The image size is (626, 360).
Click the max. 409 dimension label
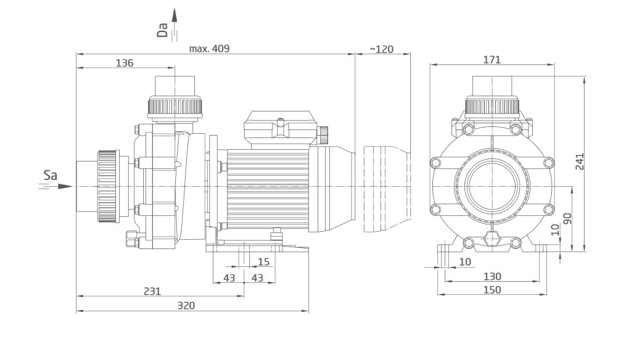point(209,49)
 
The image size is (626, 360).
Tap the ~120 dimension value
point(382,49)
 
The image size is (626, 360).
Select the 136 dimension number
point(125,63)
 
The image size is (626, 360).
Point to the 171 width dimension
point(492,59)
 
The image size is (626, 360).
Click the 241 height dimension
point(580,162)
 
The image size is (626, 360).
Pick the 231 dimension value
point(152,291)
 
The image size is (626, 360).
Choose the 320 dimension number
point(186,305)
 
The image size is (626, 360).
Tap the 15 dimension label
point(263,262)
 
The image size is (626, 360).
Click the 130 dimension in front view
point(492,276)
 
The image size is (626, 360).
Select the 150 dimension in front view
point(492,290)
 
